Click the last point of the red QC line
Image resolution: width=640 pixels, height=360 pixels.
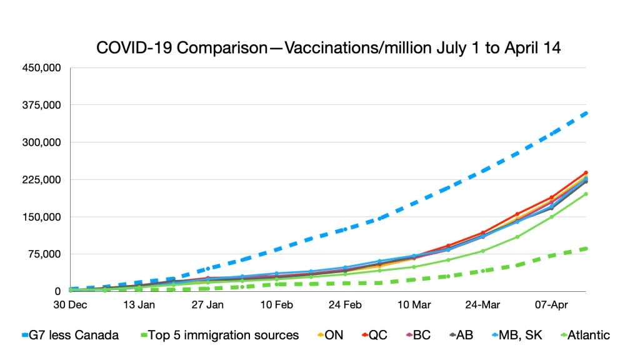coord(586,172)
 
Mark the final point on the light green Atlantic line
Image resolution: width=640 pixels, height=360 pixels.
coord(586,194)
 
